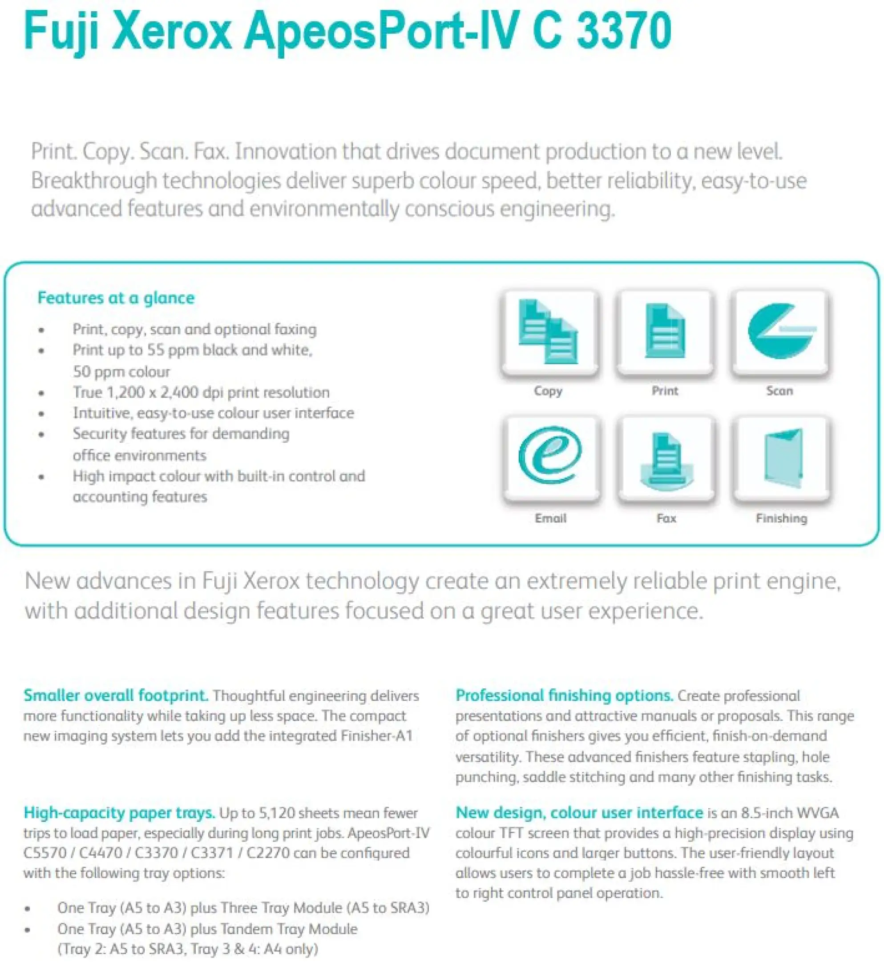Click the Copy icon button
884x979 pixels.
[549, 332]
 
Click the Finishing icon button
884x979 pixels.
[782, 458]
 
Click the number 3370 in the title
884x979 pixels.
[623, 31]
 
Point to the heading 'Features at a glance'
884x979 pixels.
[116, 298]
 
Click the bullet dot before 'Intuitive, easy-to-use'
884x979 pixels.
[42, 414]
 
